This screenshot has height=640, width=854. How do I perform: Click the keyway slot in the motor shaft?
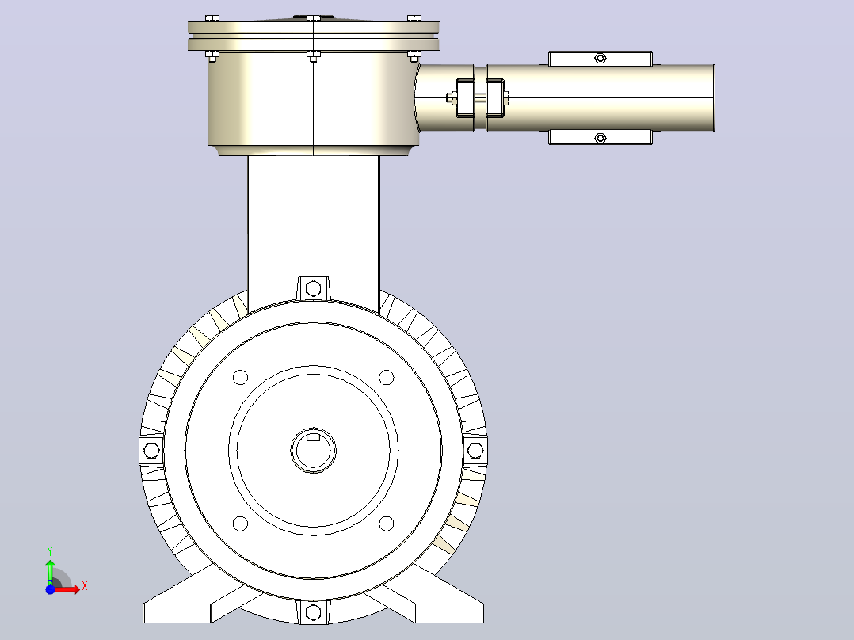click(313, 436)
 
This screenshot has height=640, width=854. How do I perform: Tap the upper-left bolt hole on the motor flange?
click(240, 377)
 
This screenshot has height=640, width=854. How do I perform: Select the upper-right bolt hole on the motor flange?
click(386, 377)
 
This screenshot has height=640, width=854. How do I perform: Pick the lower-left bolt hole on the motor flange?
click(240, 524)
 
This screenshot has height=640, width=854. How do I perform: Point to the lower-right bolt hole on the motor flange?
click(386, 524)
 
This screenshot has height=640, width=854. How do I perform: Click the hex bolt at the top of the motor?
click(313, 288)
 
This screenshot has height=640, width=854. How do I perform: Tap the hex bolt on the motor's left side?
click(151, 451)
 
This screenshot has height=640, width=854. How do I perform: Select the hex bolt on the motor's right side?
click(475, 451)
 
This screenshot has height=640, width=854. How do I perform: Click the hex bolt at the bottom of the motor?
click(313, 612)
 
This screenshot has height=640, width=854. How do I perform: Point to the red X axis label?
click(85, 586)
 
